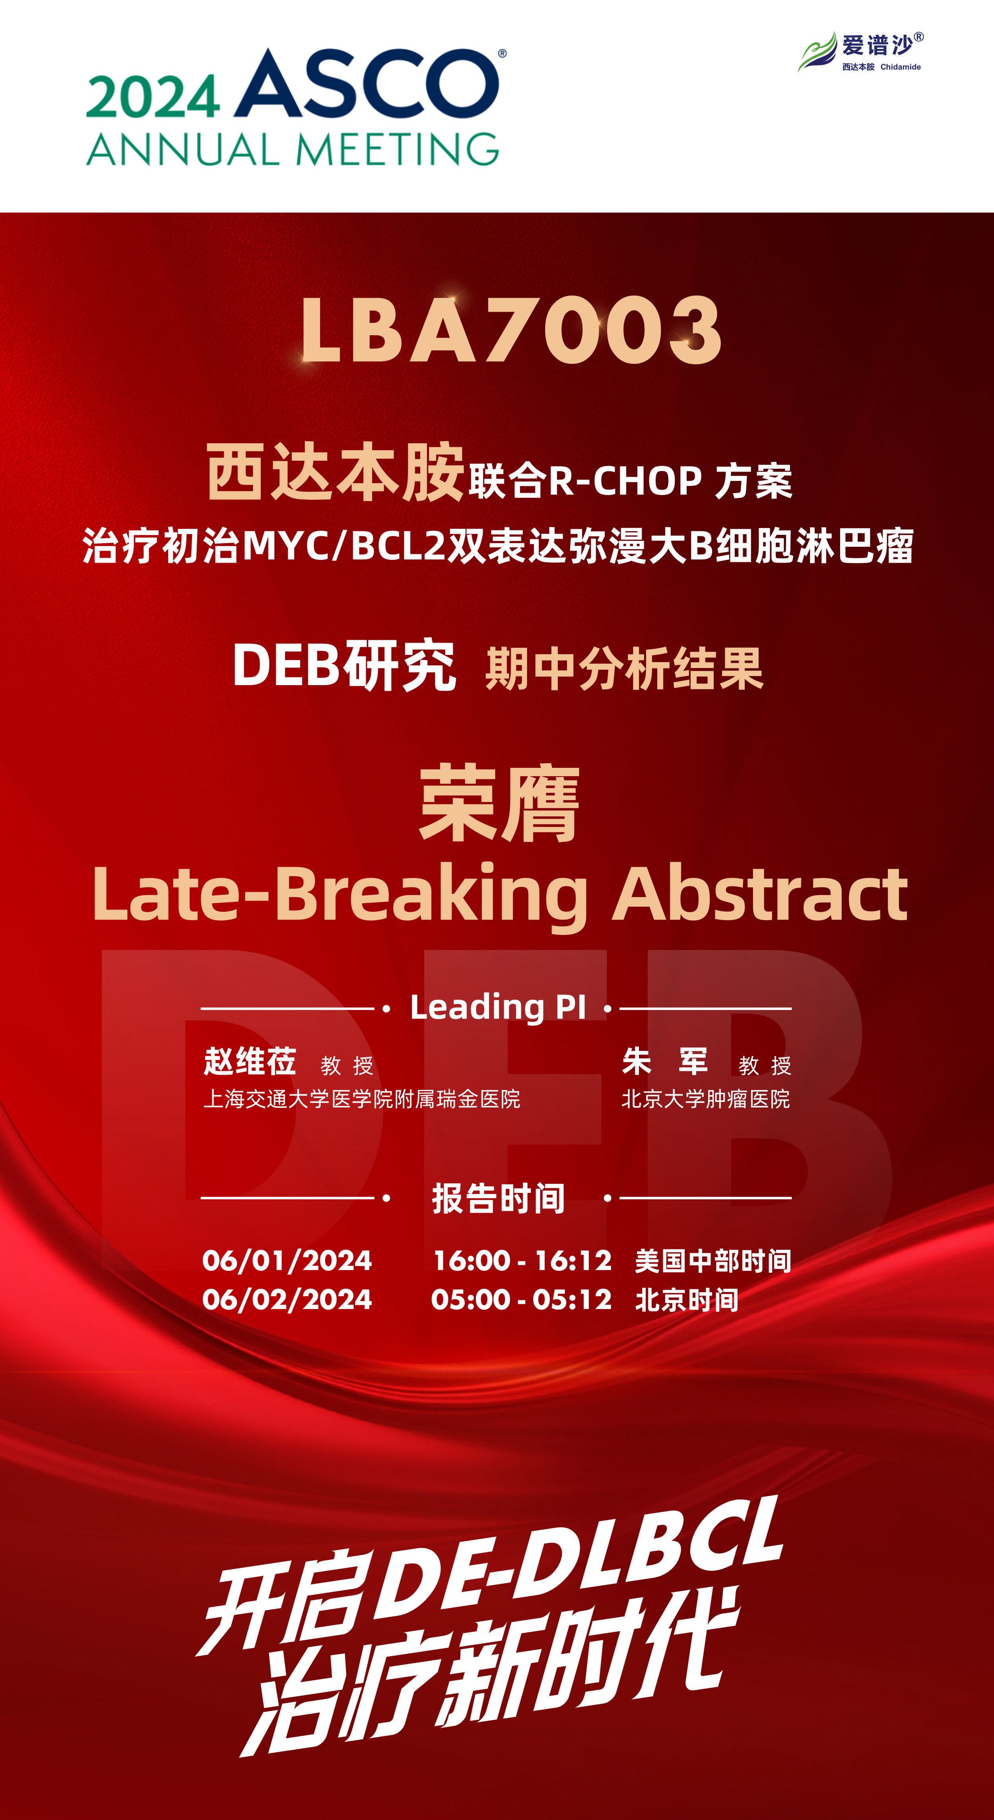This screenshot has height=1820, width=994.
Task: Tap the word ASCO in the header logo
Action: tap(370, 84)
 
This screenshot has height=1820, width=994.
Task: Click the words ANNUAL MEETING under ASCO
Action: tap(293, 150)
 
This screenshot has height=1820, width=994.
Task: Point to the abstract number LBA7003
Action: tap(511, 330)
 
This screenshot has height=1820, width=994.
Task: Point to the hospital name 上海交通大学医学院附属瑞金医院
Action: tap(362, 1099)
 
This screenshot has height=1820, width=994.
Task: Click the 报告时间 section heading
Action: tap(498, 1198)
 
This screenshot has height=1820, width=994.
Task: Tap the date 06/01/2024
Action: tap(287, 1261)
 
